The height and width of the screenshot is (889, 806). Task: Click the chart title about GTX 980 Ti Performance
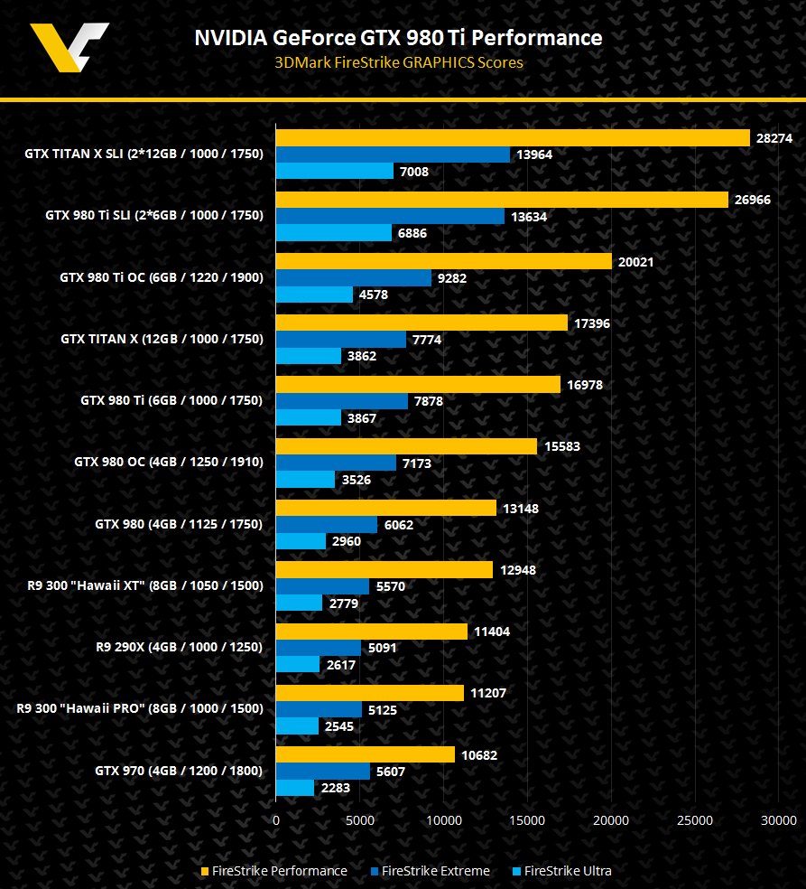click(x=398, y=37)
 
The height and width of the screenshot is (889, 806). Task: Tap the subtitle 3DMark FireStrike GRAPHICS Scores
click(x=398, y=62)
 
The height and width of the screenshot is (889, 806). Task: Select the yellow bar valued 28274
click(x=512, y=137)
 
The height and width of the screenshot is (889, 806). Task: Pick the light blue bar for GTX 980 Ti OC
click(x=314, y=295)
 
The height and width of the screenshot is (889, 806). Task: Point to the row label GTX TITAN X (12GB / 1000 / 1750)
click(x=162, y=339)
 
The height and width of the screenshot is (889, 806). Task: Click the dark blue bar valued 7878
click(x=341, y=401)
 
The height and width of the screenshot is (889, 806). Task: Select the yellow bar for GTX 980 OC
click(x=406, y=446)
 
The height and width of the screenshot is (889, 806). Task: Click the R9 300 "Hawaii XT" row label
click(x=146, y=585)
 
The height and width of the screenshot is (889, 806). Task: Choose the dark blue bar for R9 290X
click(x=318, y=647)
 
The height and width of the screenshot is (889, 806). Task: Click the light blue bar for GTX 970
click(x=294, y=788)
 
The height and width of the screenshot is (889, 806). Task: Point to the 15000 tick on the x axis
click(x=527, y=820)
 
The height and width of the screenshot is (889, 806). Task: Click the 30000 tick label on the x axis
click(x=779, y=820)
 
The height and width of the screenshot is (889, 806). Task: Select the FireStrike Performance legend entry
click(x=273, y=871)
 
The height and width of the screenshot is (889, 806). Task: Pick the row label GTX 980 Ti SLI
click(x=153, y=216)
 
